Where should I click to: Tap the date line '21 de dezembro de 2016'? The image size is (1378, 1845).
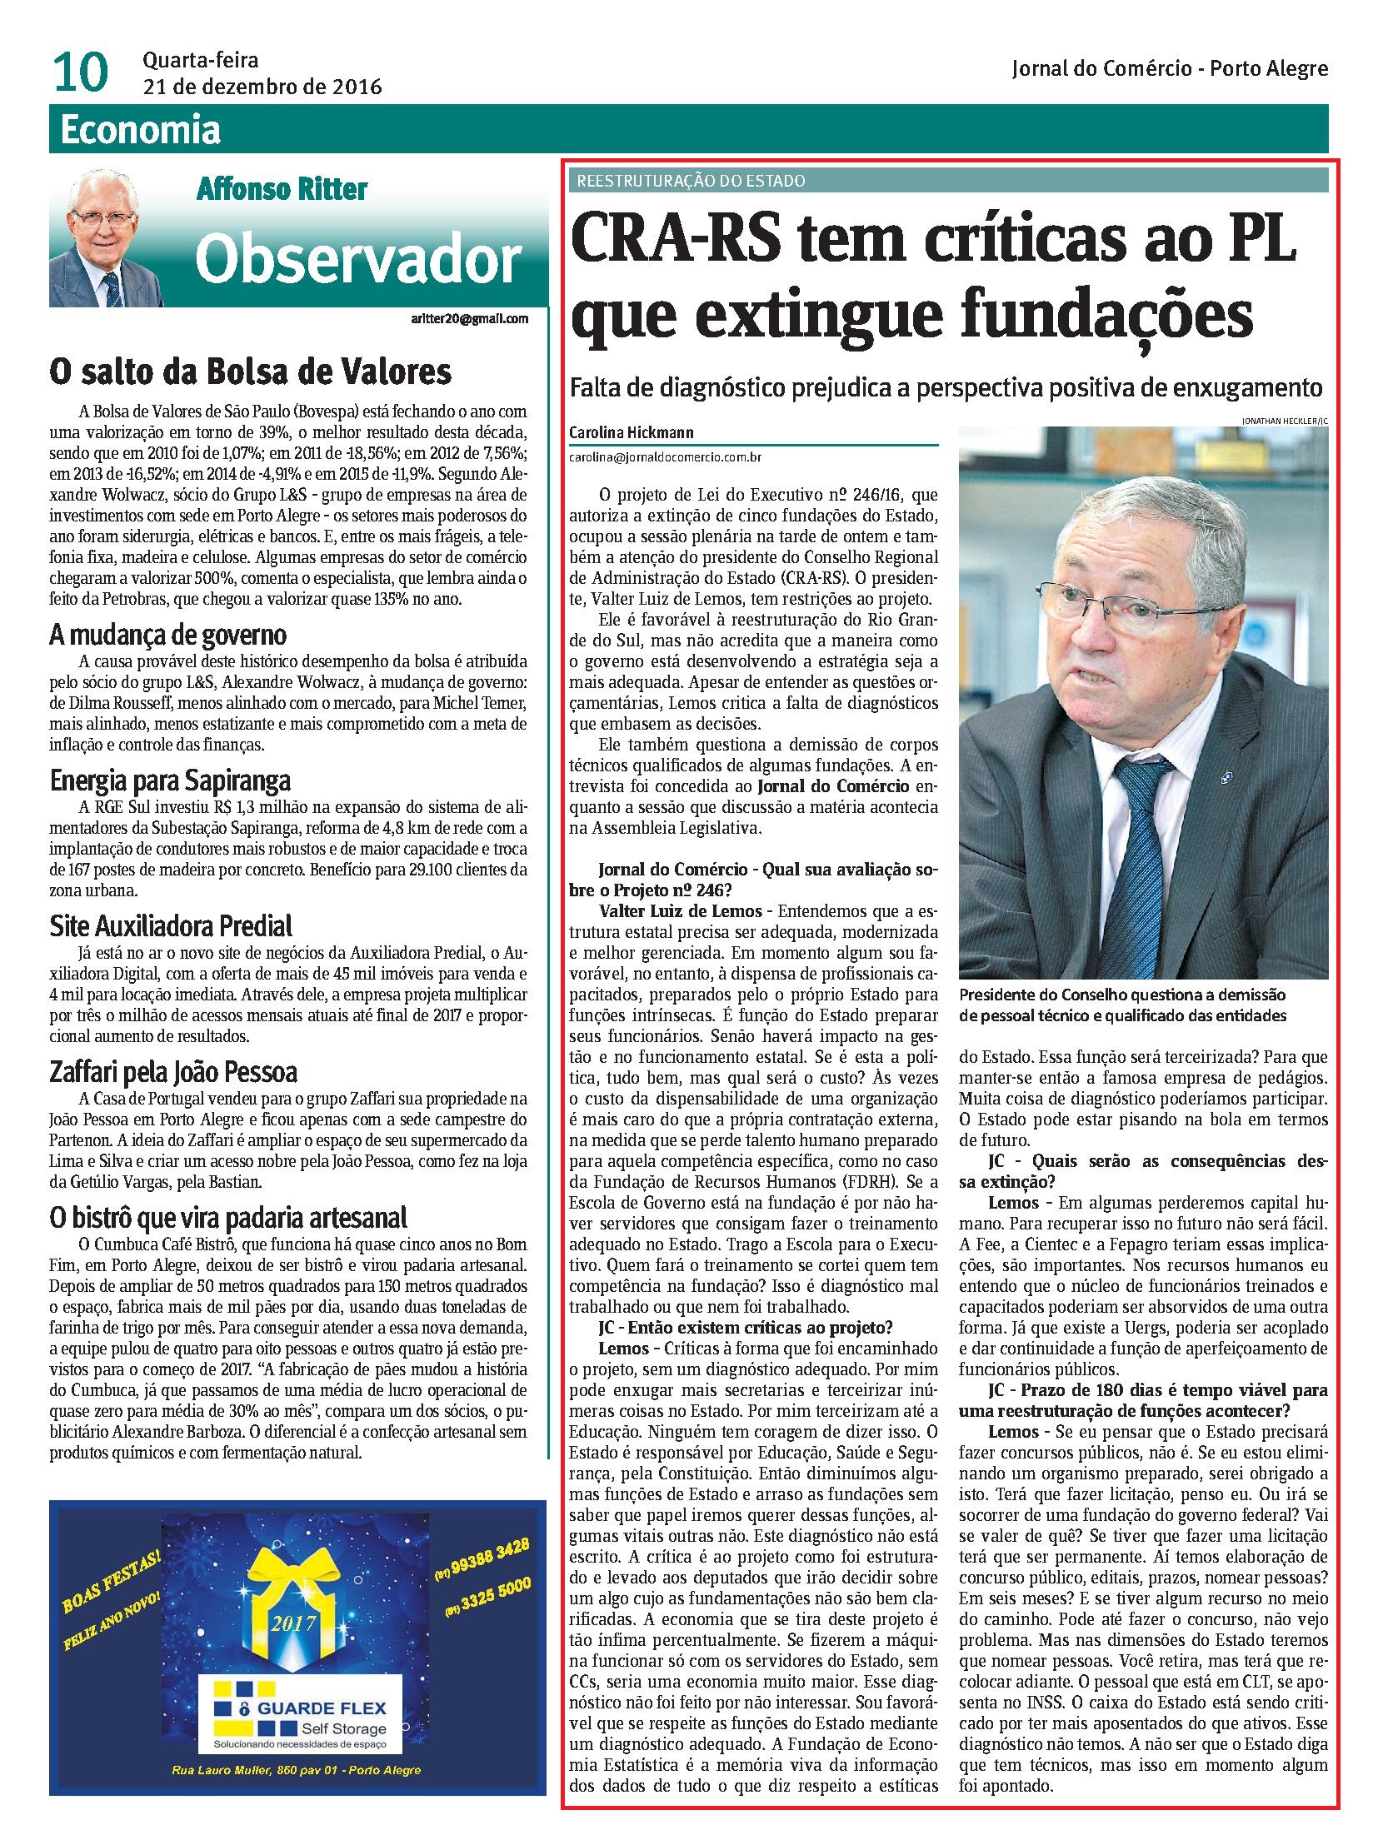coord(262,87)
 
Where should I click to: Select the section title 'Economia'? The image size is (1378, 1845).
coord(141,130)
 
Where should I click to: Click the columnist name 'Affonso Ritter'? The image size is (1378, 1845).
coord(281,189)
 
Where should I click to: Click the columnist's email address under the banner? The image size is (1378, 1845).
coord(470,319)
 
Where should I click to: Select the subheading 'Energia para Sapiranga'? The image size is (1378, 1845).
coord(170,781)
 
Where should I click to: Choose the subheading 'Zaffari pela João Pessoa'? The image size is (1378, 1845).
coord(173,1071)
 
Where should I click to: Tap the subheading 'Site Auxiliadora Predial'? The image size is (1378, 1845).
coord(171,926)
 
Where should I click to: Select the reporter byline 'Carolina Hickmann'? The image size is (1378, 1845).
coord(632,433)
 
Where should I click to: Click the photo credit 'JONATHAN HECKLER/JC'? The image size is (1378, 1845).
coord(1284,421)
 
